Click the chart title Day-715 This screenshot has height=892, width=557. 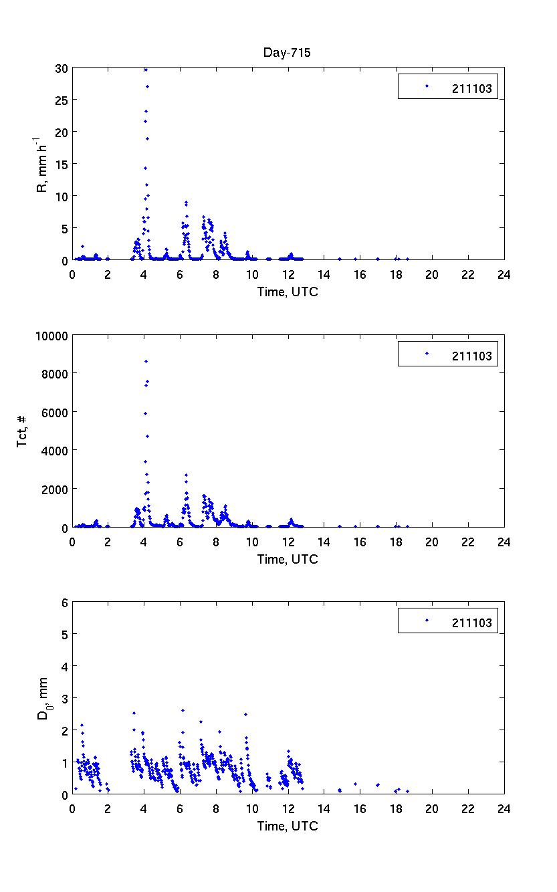click(288, 53)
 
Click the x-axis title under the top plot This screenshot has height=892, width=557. click(288, 292)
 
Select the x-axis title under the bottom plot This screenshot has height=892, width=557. click(288, 826)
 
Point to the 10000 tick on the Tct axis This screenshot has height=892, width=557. click(52, 336)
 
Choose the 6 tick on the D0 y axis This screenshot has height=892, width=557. click(64, 602)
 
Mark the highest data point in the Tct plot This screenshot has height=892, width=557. click(146, 361)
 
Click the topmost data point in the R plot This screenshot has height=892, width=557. click(146, 70)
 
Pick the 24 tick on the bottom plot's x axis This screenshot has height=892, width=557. click(503, 808)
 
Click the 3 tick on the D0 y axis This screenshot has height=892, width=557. click(64, 698)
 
